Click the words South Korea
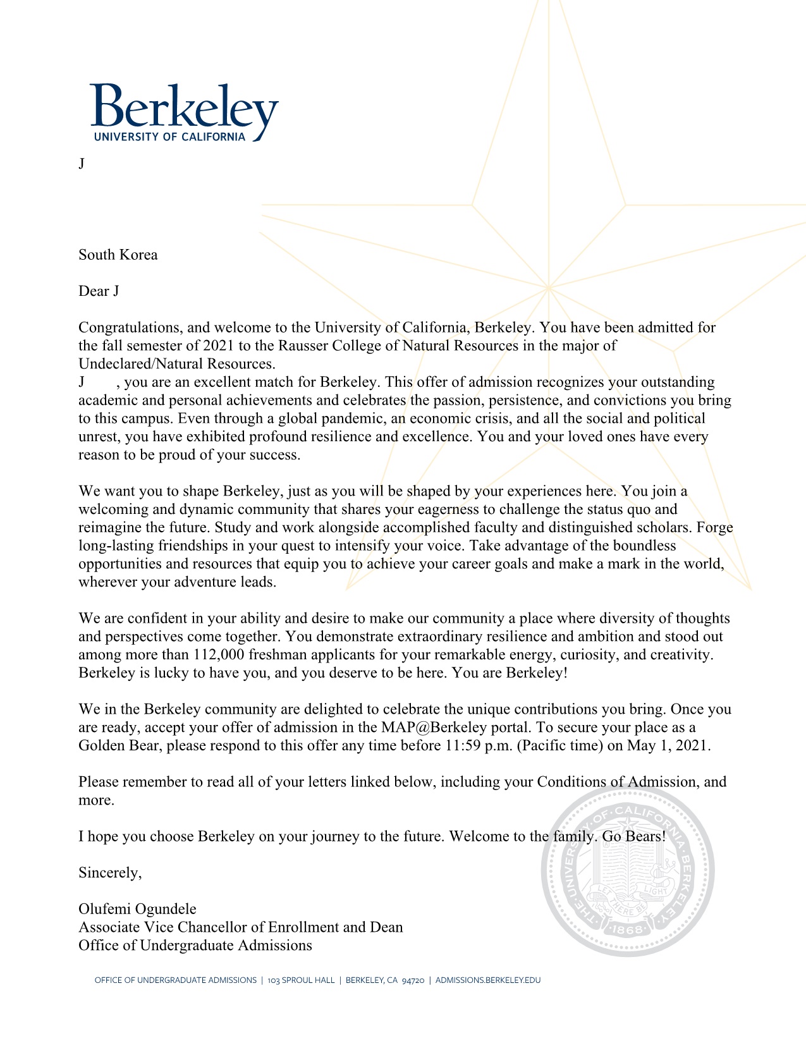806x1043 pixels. [x=118, y=255]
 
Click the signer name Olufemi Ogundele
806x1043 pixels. [x=137, y=909]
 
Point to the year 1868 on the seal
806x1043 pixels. [x=628, y=929]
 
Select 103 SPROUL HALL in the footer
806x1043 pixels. [x=301, y=980]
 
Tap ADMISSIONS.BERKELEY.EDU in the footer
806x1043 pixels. [x=488, y=980]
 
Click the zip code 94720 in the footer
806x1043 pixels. [x=413, y=980]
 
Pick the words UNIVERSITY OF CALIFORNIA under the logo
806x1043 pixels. [x=169, y=137]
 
